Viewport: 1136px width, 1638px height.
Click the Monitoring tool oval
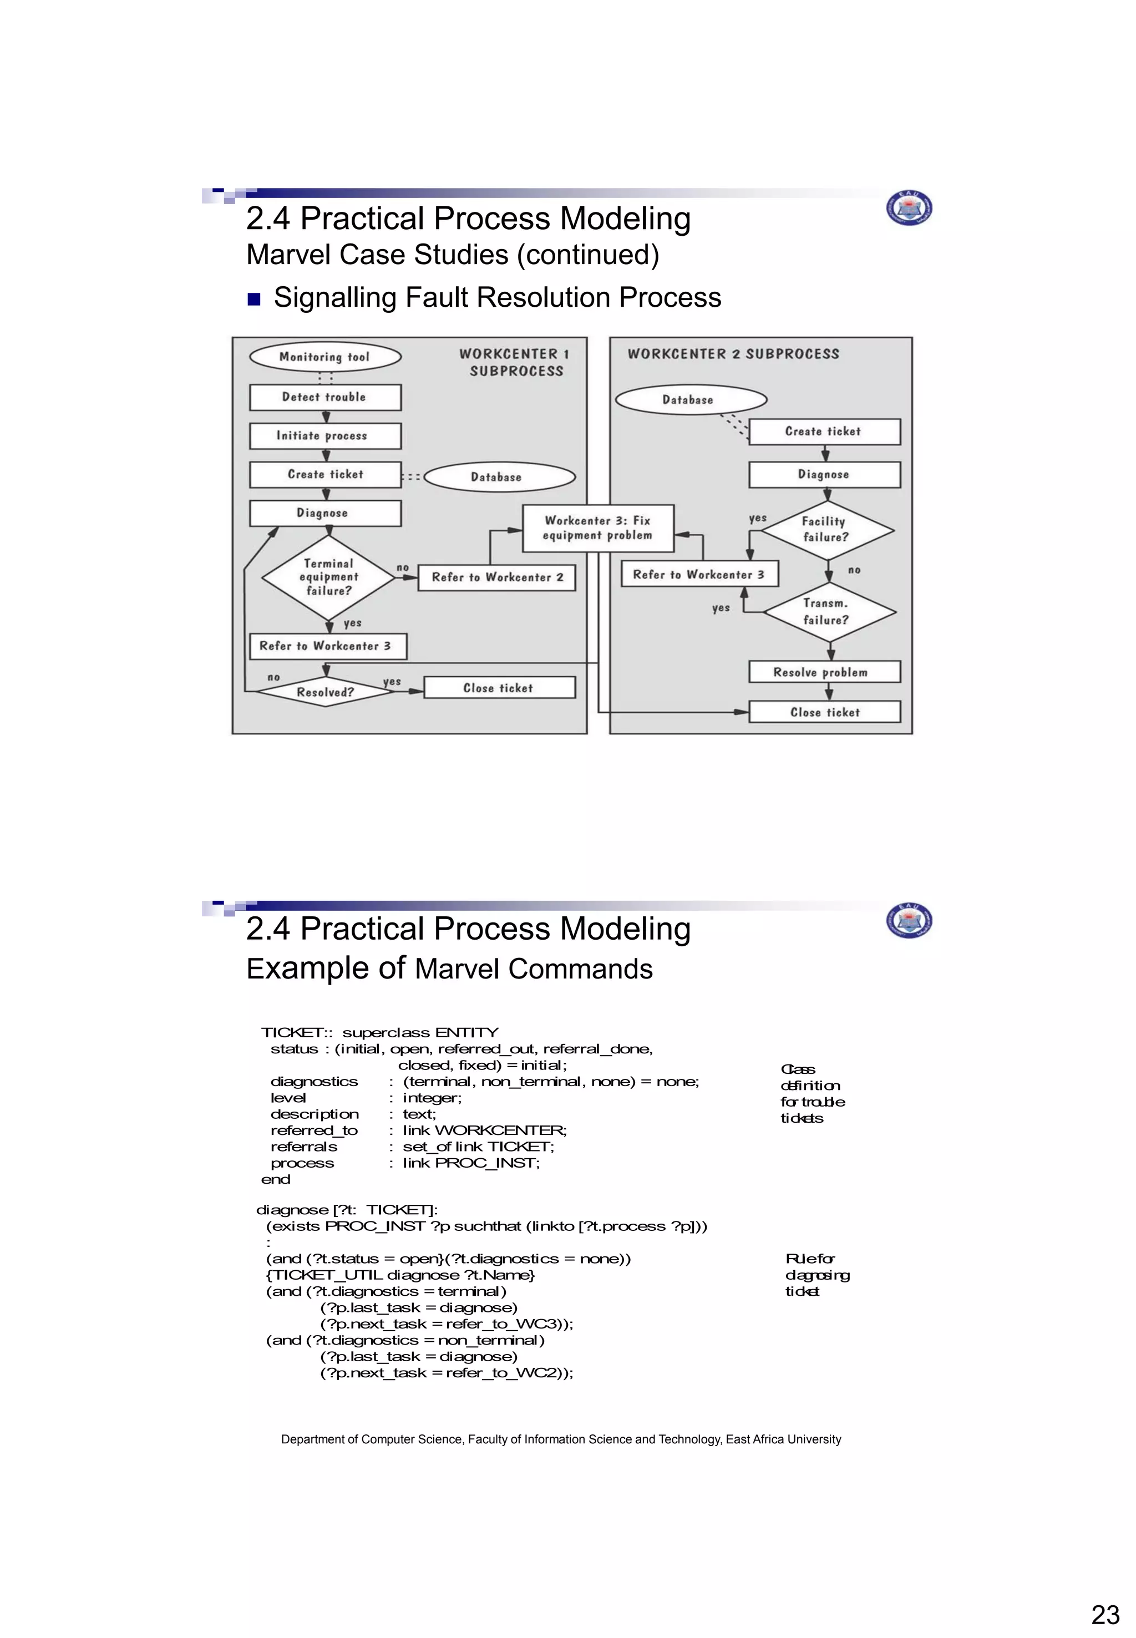coord(325,357)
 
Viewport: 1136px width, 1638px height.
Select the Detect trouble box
coord(324,397)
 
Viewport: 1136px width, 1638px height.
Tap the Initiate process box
coord(324,435)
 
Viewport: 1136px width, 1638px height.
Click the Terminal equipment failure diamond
coord(328,577)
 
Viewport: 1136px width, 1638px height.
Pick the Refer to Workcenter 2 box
coord(497,577)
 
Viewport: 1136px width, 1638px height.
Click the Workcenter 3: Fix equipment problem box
coord(598,528)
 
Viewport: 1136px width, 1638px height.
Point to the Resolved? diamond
coord(325,691)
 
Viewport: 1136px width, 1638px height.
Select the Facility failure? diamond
coord(826,530)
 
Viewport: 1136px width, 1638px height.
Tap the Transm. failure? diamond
coord(827,611)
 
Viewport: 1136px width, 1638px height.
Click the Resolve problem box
coord(824,672)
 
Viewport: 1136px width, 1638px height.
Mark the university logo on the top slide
coord(909,209)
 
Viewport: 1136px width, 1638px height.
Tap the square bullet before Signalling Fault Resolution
coord(253,299)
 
